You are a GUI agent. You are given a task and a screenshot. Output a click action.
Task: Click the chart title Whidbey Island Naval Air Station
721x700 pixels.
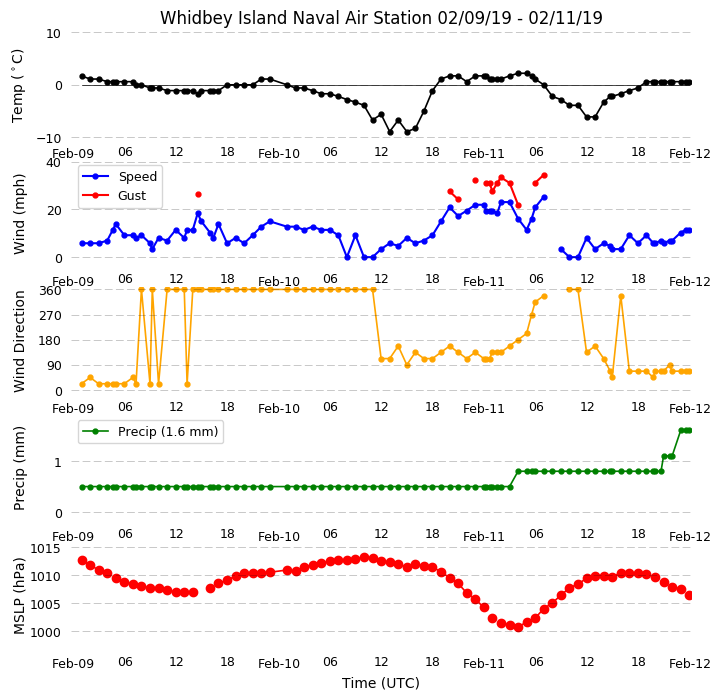coord(296,18)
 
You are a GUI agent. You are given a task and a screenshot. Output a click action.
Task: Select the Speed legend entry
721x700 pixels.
coord(119,177)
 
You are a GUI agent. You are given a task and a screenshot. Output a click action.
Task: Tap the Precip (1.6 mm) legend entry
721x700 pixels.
coord(149,431)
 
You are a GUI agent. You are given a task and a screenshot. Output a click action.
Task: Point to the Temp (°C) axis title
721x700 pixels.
coord(17,86)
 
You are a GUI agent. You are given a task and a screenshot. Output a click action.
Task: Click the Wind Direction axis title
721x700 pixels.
coord(19,341)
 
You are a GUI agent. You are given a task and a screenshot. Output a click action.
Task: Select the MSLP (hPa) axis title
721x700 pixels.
coord(19,596)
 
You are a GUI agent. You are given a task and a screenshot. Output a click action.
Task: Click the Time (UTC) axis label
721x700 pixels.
coord(381,683)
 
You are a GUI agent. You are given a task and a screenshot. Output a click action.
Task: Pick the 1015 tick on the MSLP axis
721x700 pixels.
coord(45,548)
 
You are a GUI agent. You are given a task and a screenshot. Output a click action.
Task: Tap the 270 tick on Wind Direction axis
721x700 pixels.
coord(52,316)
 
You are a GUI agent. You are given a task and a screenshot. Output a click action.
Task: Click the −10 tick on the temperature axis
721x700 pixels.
coord(49,138)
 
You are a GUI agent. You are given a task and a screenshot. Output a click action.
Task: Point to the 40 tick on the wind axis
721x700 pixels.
coord(54,163)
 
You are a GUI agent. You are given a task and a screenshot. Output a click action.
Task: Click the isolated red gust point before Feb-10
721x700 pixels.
coord(199,195)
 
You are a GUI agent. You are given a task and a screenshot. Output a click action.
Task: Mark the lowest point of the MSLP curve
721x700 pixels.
coord(518,627)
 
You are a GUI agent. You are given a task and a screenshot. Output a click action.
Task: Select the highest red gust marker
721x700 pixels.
coord(544,175)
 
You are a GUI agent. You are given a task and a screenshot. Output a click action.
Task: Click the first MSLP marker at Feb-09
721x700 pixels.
coord(82,560)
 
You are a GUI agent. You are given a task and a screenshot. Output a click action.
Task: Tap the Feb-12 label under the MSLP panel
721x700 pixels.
coord(690,663)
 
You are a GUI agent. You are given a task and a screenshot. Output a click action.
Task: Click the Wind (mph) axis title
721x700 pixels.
coord(19,214)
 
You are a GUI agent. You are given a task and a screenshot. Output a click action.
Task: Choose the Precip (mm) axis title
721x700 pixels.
coord(19,468)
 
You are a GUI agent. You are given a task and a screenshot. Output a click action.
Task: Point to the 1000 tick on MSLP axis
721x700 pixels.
coord(45,632)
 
